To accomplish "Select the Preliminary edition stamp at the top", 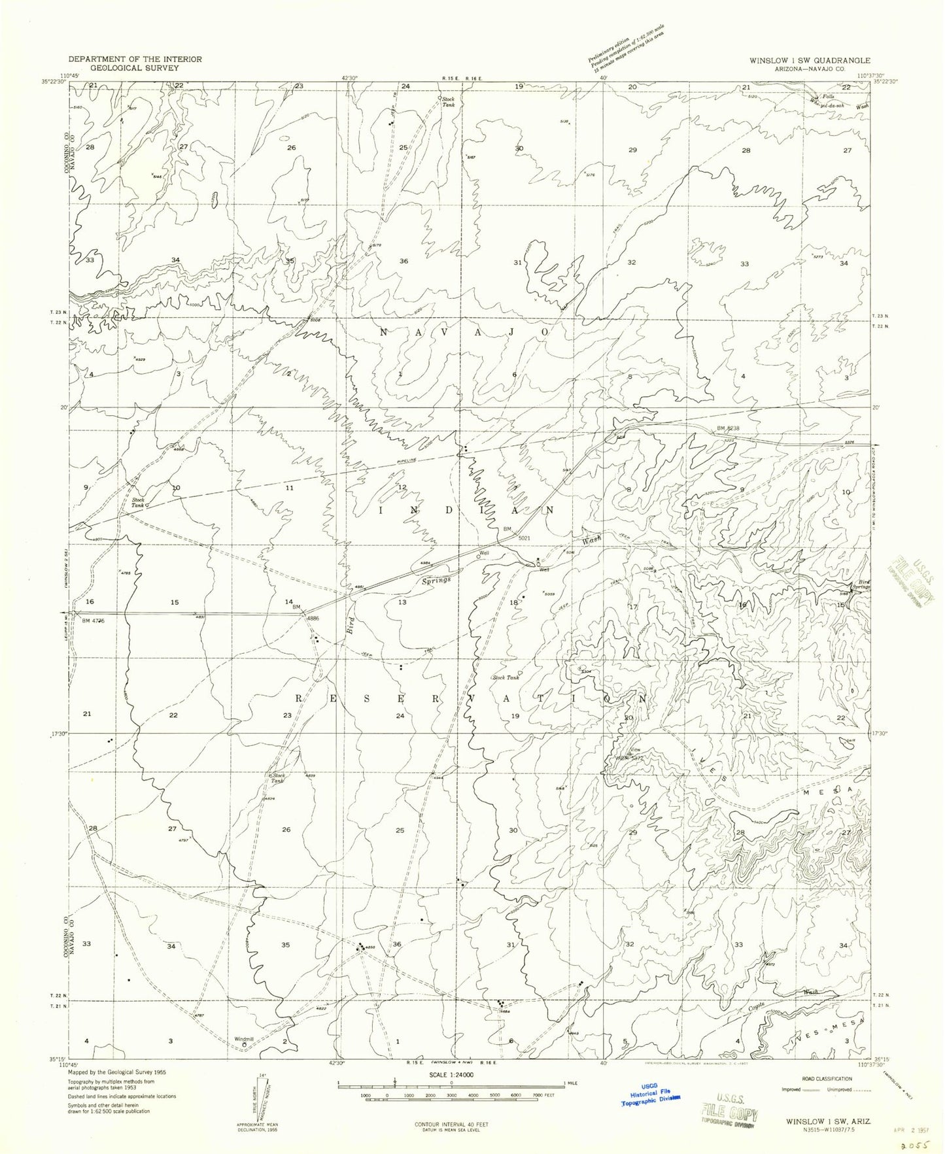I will tap(624, 44).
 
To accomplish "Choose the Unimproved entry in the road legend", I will tap(842, 1089).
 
